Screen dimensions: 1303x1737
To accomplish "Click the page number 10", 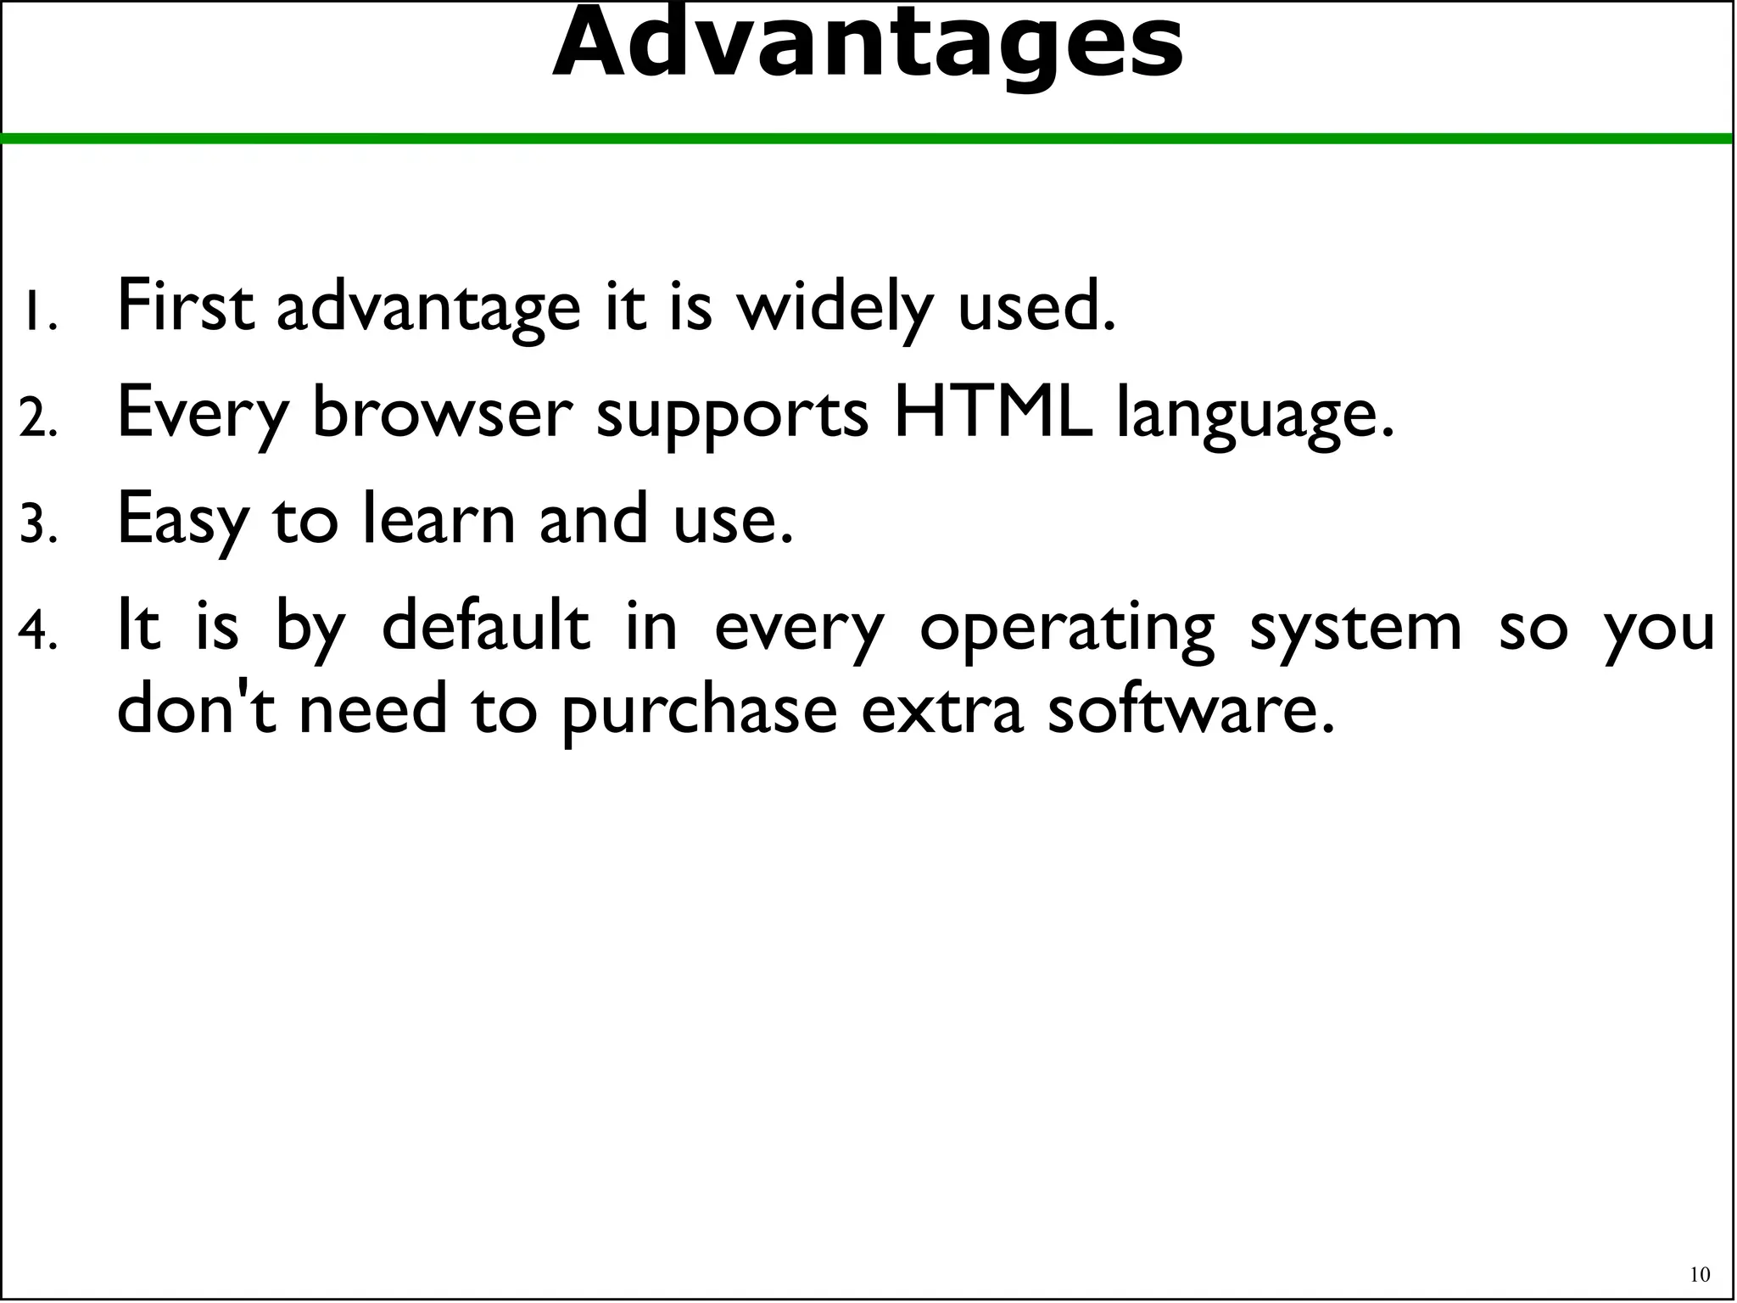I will click(1700, 1275).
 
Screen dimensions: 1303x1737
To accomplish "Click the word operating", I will click(1067, 629).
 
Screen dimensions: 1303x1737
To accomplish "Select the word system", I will click(1355, 629).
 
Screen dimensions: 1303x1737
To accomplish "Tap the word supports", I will click(732, 416).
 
